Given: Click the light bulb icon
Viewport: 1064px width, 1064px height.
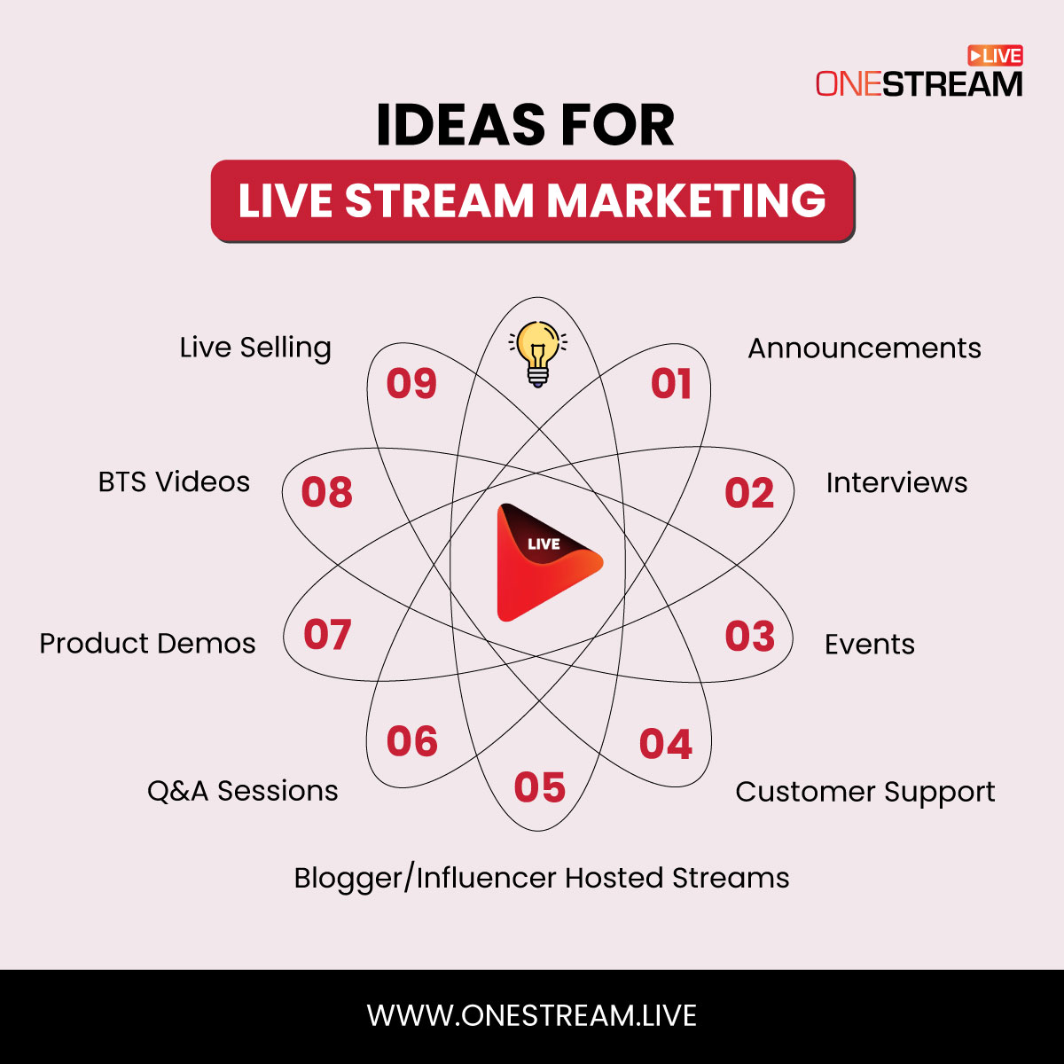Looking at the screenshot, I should [537, 353].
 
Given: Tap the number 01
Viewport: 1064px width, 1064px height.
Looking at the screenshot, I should [671, 384].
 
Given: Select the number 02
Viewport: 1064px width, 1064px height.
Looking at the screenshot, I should [749, 493].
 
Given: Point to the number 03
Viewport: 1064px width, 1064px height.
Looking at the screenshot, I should [750, 637].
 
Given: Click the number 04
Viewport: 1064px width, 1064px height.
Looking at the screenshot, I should [666, 744].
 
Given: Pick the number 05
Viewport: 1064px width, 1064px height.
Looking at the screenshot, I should [539, 787].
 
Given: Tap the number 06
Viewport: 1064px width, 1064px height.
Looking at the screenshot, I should [412, 741].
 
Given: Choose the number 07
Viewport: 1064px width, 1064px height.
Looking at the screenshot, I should [327, 635].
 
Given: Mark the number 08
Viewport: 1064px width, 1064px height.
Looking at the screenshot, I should [326, 492].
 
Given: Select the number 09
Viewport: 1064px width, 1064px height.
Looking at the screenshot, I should [411, 384].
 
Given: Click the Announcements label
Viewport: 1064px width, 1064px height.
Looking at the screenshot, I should [864, 348].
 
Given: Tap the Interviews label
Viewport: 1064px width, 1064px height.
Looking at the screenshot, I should [896, 483].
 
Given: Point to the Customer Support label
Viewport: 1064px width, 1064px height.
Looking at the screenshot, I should [864, 793].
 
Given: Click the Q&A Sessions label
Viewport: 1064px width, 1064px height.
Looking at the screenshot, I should [242, 791].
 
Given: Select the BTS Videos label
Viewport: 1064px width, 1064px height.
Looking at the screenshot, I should [174, 482].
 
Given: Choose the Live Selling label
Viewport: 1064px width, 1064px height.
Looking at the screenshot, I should [255, 348].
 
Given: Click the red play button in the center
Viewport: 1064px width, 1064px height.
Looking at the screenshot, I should [543, 562].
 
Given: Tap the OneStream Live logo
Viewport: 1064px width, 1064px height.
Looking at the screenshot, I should [919, 73].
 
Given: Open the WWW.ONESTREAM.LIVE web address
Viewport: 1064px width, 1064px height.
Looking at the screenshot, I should [532, 1015].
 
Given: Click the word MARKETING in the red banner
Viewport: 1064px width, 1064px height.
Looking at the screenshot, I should [687, 201].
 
